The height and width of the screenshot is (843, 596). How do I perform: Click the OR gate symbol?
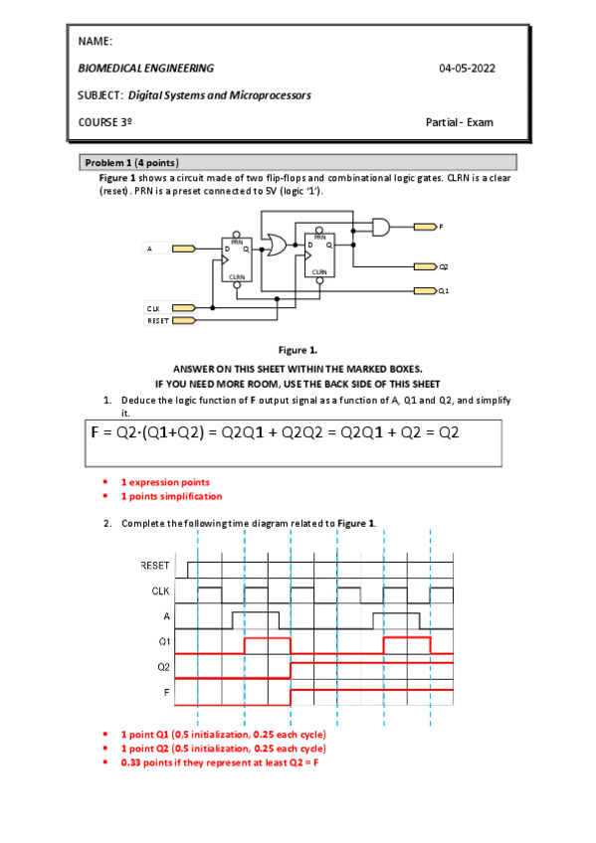274,244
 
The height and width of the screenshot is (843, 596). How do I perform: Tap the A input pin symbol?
184,249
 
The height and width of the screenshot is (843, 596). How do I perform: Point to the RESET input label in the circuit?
156,320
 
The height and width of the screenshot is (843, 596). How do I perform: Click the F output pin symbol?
425,227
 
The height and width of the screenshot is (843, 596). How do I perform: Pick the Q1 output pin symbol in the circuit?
425,290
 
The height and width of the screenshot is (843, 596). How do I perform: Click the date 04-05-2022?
467,68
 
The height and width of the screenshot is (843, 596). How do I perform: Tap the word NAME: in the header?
95,41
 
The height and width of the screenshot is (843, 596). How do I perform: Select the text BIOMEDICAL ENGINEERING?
145,68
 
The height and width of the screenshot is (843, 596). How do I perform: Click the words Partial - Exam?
459,122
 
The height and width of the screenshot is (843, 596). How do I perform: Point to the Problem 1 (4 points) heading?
131,162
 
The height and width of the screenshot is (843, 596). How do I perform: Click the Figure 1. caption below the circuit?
298,350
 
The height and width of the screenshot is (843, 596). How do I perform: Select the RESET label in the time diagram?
155,565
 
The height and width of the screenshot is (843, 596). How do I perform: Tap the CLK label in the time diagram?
161,590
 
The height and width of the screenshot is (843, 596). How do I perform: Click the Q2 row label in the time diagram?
164,665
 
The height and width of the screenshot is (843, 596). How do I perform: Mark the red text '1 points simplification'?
171,496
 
